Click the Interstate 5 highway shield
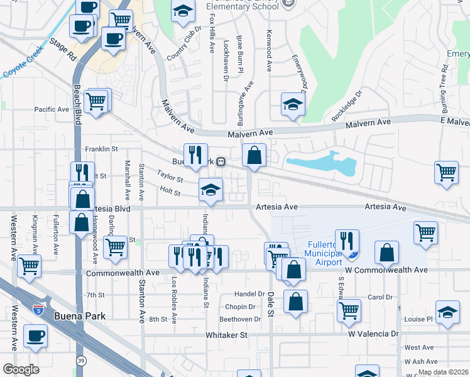point(38,309)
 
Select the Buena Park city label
point(79,317)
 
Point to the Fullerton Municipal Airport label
point(324,250)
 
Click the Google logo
point(21,369)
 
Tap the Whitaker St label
point(227,335)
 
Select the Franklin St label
point(101,149)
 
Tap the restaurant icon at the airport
point(347,241)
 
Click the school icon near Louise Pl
point(447,312)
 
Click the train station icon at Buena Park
point(221,161)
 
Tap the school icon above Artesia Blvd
point(210,189)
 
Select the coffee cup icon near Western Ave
point(35,336)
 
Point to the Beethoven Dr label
point(239,319)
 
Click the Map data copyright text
point(442,372)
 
